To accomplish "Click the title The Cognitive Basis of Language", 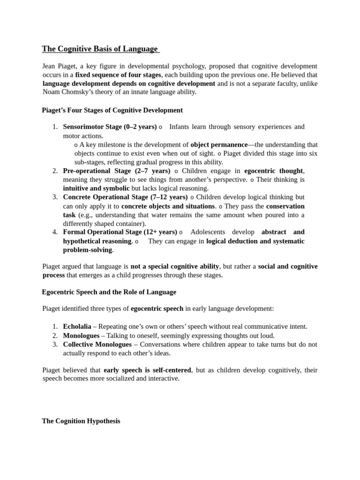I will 100,49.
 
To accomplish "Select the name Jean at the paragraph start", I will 49,66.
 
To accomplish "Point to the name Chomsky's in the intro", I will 78,92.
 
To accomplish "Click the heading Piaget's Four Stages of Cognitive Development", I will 112,110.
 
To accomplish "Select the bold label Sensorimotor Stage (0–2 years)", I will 110,127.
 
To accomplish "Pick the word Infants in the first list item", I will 180,127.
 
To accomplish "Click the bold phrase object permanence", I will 219,145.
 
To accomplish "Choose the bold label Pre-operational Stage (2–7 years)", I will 117,171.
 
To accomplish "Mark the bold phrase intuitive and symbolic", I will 96,188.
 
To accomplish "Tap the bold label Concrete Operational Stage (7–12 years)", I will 125,197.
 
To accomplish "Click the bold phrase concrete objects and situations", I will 168,206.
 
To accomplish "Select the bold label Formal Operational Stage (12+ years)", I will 120,232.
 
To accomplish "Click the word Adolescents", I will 208,232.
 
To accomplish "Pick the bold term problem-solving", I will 88,250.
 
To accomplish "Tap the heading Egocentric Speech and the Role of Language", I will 109,292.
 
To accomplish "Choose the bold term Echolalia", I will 77,327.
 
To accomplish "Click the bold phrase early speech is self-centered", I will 147,370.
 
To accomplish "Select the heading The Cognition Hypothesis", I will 81,421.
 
